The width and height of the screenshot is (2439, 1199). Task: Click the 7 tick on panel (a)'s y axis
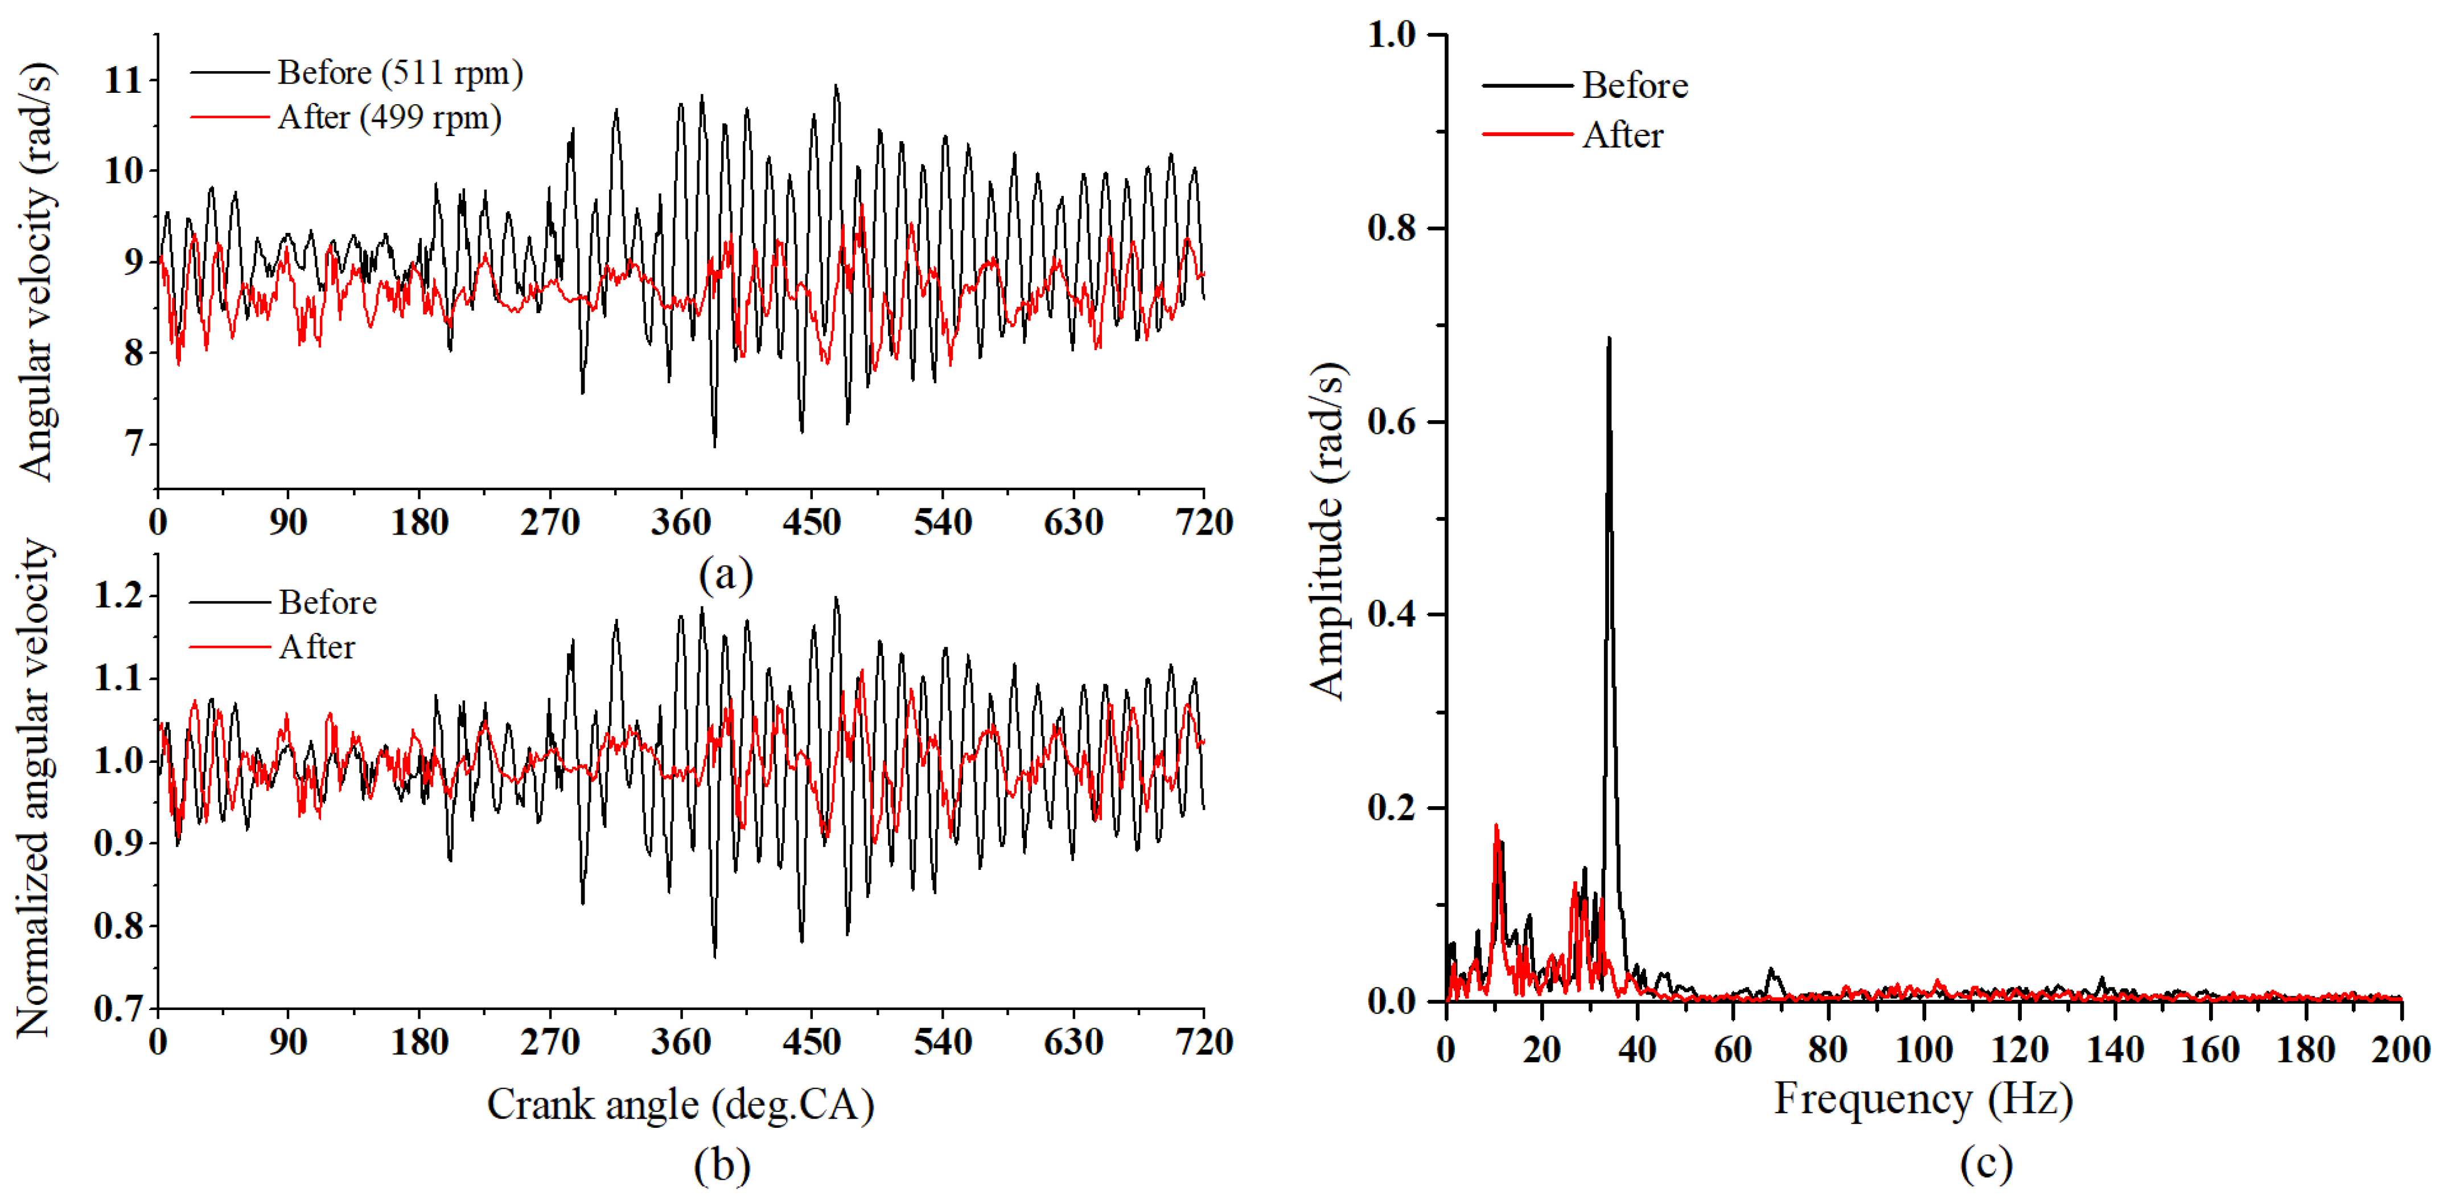[134, 444]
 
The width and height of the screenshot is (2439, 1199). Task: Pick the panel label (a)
[725, 574]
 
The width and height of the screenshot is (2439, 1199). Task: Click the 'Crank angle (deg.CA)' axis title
[680, 1104]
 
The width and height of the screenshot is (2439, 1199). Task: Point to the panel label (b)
[722, 1165]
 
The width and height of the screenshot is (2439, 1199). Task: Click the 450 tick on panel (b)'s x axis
[812, 1042]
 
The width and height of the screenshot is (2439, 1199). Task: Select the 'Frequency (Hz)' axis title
[1923, 1099]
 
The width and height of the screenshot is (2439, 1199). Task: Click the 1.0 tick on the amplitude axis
[1391, 35]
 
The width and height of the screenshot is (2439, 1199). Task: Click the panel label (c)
[1985, 1163]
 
